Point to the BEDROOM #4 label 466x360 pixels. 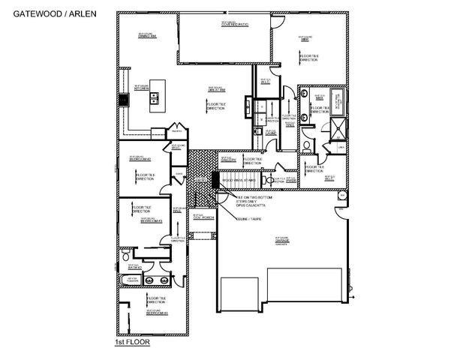pyautogui.click(x=157, y=310)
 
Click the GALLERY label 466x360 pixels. pyautogui.click(x=230, y=160)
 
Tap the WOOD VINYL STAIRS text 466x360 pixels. pyautogui.click(x=240, y=180)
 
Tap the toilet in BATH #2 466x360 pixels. pyautogui.click(x=125, y=257)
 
